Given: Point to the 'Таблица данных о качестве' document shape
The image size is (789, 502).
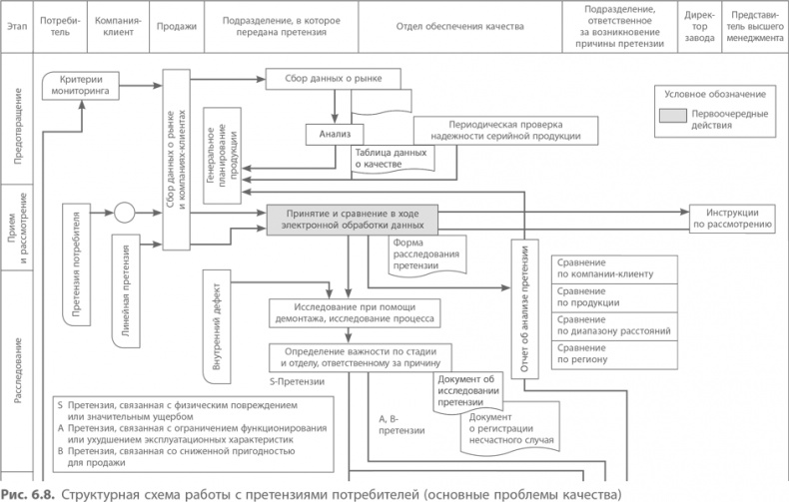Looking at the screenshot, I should tap(391, 158).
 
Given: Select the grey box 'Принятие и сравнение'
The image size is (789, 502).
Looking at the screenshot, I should tap(353, 220).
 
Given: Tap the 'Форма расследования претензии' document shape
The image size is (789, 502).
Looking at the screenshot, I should tap(426, 254).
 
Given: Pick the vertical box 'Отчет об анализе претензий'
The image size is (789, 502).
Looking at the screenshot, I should tap(524, 309).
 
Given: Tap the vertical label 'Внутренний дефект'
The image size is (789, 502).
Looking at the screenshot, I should tap(218, 324).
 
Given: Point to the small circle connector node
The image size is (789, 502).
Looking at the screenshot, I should tap(125, 213).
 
